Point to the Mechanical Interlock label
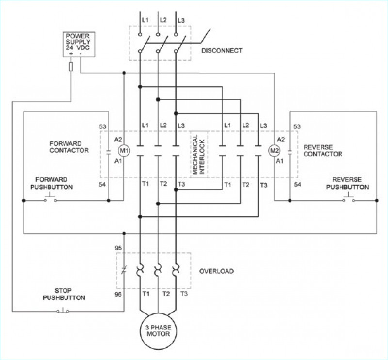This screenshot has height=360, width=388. point(199,155)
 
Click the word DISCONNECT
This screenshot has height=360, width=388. point(222,51)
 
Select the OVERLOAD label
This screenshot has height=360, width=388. point(216,271)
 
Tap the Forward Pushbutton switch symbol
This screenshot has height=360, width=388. point(50,199)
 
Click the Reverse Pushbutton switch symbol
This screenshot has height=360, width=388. point(348,199)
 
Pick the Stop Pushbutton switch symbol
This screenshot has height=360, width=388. point(63,310)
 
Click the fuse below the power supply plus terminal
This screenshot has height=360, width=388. point(71,66)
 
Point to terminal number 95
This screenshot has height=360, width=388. point(118,248)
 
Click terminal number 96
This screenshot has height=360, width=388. point(118,294)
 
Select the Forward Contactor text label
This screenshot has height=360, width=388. point(69,147)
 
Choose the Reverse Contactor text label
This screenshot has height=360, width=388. point(323,151)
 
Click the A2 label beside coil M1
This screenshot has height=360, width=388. point(118,140)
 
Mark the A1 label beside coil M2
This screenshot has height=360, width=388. point(280,161)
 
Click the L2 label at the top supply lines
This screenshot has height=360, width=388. point(163,20)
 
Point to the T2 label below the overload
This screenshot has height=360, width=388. point(166,294)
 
